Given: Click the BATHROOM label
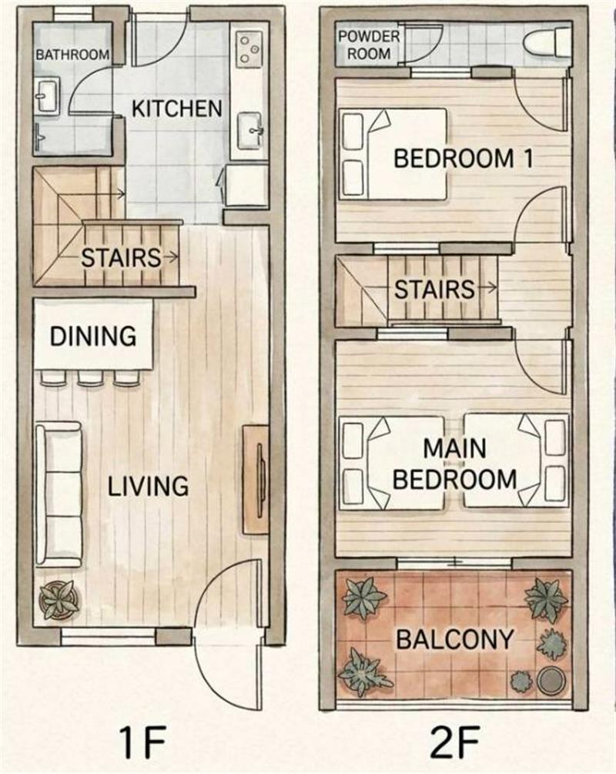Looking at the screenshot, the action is [72, 55].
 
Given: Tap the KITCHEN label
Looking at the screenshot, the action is [176, 109].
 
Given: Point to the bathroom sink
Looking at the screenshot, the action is [48, 95].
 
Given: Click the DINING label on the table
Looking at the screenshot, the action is [93, 337].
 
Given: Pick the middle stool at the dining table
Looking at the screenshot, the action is [90, 377].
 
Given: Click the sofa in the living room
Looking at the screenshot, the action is [59, 494].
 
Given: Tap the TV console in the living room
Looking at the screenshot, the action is [256, 479].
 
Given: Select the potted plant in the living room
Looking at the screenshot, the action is [59, 598].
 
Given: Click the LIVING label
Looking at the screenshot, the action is [148, 486].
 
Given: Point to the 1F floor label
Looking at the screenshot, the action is [141, 742].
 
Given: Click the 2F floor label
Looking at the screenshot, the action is [454, 742].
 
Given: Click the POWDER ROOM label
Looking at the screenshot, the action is [369, 45].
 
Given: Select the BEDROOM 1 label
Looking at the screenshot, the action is [464, 159].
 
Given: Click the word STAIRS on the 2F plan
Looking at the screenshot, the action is [434, 290].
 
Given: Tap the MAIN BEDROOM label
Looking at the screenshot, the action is [455, 464].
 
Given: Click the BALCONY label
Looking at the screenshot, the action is [455, 640].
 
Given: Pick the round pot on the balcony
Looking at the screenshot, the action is [551, 681].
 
